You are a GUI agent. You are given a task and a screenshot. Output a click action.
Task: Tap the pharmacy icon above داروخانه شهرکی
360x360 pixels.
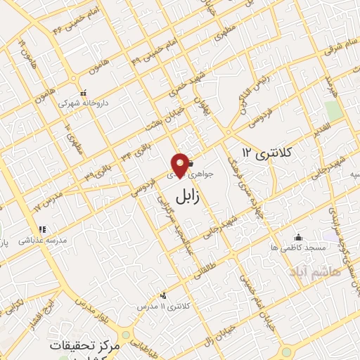pos(84,93)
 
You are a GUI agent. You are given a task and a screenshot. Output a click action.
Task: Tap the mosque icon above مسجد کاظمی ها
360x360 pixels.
pos(299,237)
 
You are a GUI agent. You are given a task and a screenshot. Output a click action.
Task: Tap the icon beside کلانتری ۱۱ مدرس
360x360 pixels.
pos(163,296)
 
